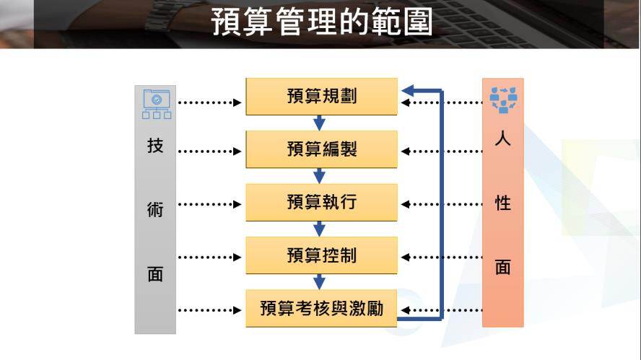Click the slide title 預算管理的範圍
coord(321,22)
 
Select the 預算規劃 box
coord(321,96)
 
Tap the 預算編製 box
coord(321,149)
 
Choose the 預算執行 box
coord(321,202)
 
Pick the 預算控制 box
coord(321,255)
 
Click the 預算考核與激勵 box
coord(321,309)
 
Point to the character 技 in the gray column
coord(155,146)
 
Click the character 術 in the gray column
coord(155,210)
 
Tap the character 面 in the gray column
coord(155,274)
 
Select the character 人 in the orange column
coord(503,139)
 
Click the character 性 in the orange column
coord(503,203)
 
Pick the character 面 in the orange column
coord(503,267)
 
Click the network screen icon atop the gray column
coord(156,103)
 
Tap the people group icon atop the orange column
coord(503,100)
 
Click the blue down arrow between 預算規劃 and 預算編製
coord(320,123)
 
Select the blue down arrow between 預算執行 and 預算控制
coord(320,229)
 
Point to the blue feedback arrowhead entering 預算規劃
coord(408,90)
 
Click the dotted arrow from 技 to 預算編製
coord(209,152)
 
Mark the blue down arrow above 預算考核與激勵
coord(320,282)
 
